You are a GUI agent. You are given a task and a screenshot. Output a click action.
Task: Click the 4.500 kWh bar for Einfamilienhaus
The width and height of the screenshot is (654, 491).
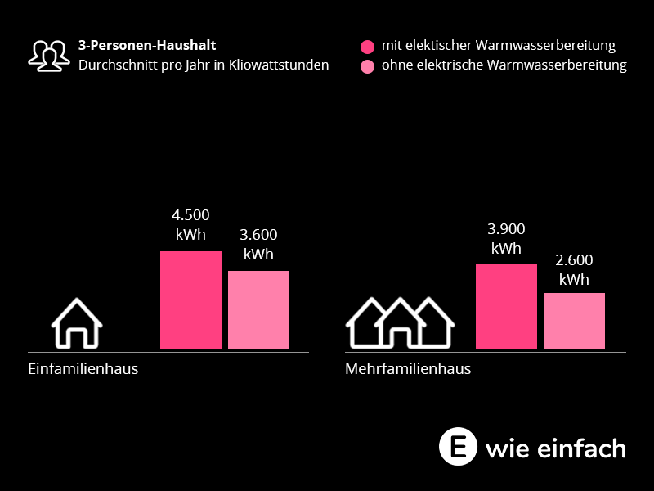click(x=190, y=300)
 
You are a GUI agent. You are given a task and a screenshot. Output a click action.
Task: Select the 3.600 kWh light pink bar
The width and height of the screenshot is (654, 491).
click(x=258, y=310)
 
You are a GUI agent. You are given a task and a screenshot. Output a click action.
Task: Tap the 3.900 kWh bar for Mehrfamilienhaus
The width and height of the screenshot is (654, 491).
click(x=506, y=307)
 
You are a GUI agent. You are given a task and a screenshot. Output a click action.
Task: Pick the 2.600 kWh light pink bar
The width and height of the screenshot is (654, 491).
click(x=574, y=321)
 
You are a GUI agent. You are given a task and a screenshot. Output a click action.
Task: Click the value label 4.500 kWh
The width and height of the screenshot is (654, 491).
click(x=190, y=225)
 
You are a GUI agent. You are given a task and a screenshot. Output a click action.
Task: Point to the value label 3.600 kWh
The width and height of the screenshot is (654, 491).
click(x=258, y=245)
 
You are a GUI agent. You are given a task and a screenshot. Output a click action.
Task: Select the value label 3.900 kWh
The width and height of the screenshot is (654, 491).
click(x=506, y=239)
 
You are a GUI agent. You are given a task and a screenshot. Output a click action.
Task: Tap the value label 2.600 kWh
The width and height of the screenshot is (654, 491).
click(x=574, y=270)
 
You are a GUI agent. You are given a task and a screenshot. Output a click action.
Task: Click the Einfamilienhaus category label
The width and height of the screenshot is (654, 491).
click(x=83, y=369)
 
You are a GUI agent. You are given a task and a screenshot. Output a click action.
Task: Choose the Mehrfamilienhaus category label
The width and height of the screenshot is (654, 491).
click(x=408, y=369)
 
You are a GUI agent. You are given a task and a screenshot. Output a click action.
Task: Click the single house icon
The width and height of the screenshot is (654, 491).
click(x=77, y=323)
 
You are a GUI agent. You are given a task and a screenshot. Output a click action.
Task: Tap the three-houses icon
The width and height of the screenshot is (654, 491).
click(x=400, y=322)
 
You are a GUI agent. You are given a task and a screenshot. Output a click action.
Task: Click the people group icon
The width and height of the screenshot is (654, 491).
click(x=49, y=55)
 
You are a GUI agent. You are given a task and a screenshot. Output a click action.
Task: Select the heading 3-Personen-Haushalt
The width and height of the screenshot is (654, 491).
click(x=147, y=46)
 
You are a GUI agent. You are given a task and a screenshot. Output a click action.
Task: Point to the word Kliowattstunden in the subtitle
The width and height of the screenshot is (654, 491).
click(x=280, y=65)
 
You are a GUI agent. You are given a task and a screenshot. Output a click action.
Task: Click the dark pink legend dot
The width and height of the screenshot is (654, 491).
click(x=367, y=46)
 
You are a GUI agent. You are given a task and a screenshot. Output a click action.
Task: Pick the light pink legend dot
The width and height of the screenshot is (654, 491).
click(x=367, y=65)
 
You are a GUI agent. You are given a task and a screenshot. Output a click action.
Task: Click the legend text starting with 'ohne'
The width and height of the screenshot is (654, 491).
click(x=504, y=65)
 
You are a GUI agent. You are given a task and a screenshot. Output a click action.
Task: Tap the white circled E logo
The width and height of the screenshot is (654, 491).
click(x=458, y=446)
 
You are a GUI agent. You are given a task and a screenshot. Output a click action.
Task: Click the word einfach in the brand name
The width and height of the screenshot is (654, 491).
click(x=586, y=448)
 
